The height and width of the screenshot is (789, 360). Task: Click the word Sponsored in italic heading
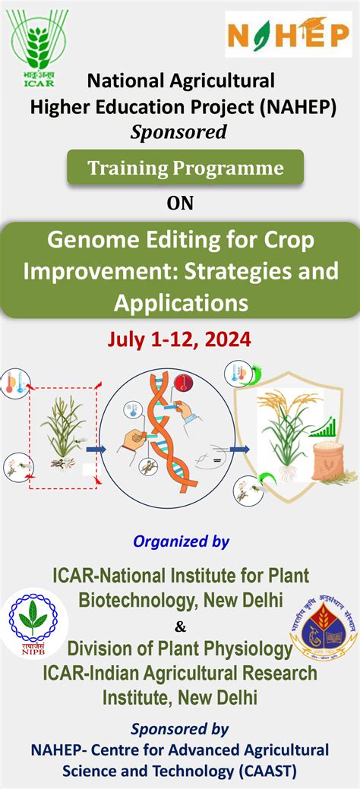tap(179, 132)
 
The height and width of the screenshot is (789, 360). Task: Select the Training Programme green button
tap(185, 168)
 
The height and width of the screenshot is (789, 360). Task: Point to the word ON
tap(180, 204)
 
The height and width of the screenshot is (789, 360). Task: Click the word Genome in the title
tap(90, 242)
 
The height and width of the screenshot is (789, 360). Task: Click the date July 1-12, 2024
tap(180, 339)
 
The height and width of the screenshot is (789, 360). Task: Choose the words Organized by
tap(181, 541)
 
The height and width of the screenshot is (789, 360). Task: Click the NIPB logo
tap(31, 623)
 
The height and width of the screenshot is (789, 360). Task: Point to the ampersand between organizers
tap(180, 626)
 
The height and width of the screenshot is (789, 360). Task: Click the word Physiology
tap(248, 649)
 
